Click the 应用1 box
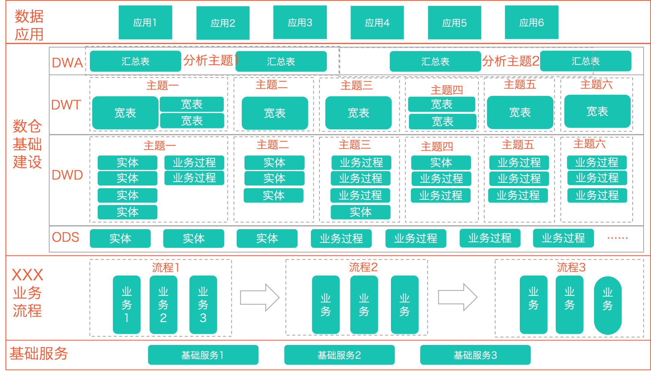pos(145,23)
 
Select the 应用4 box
pos(377,23)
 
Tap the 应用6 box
pos(531,23)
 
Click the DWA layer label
pos(67,63)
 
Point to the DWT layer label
pos(66,105)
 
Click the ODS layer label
pos(65,237)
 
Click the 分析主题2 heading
pos(510,61)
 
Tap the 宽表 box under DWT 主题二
pos(275,113)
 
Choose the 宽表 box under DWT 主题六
pos(597,111)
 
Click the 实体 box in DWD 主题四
pos(441,163)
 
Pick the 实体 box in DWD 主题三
pos(360,212)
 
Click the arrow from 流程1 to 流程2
pos(260,298)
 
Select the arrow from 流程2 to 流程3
pos(458,297)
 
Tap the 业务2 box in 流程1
pos(163,305)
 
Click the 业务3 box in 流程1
pos(203,305)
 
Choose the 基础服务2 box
pos(339,355)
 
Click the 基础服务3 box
pos(475,355)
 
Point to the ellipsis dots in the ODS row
pos(617,238)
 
